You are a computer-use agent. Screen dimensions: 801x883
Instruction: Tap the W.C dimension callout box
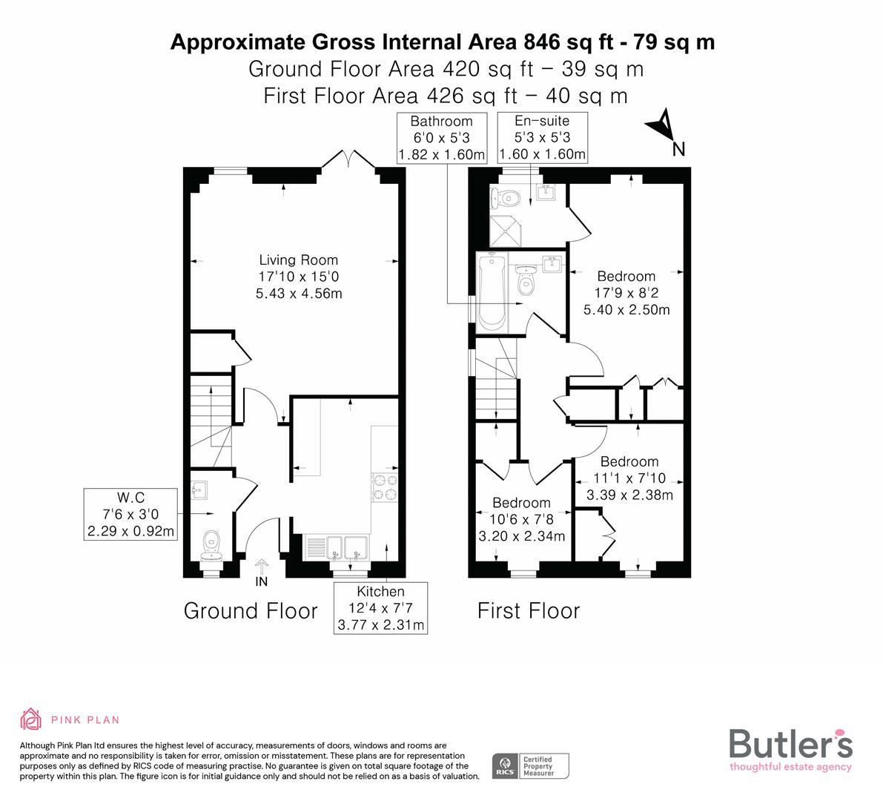click(x=131, y=514)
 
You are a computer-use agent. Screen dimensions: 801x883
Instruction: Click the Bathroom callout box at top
click(x=442, y=138)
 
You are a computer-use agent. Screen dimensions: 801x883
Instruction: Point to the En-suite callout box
click(x=542, y=138)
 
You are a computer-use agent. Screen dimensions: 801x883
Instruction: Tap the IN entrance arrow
click(x=262, y=570)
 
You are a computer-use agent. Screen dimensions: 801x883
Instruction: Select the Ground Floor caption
click(x=251, y=611)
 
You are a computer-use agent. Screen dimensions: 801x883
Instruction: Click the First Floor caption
click(x=529, y=611)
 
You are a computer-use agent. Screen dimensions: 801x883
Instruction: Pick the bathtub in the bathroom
click(x=492, y=292)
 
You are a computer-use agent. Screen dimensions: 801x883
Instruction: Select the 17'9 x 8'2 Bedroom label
click(x=626, y=293)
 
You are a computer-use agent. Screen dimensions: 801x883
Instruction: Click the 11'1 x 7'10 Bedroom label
click(x=629, y=478)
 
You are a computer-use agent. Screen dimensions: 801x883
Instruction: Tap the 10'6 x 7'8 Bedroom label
click(x=521, y=519)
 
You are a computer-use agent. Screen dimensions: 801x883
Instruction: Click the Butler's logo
click(x=790, y=749)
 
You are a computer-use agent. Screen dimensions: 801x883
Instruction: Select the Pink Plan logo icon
click(x=31, y=719)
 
